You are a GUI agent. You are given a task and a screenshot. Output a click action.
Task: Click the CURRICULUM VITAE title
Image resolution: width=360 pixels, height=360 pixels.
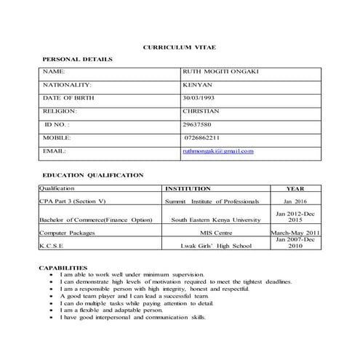(x=177, y=47)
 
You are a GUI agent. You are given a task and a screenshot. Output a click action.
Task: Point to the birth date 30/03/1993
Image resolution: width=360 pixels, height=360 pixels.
(x=199, y=98)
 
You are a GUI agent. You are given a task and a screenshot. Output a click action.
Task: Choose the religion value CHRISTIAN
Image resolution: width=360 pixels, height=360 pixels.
(x=201, y=111)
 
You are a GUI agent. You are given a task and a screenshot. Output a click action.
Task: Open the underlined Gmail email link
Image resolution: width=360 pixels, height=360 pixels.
(x=217, y=151)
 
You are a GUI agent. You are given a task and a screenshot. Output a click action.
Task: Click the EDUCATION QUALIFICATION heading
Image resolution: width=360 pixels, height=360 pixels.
(x=92, y=175)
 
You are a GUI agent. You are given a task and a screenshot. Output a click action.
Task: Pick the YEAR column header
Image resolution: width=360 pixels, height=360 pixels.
(x=295, y=187)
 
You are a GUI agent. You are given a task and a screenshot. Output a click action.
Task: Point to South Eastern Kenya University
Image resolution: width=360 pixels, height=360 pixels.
(x=215, y=219)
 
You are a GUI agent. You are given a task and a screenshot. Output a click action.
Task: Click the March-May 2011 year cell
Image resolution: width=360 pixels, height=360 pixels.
(x=295, y=233)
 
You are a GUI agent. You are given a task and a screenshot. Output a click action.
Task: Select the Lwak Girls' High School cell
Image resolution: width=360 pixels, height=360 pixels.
(x=215, y=246)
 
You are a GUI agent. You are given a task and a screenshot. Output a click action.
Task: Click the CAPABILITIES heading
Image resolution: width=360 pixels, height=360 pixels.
(x=63, y=268)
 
